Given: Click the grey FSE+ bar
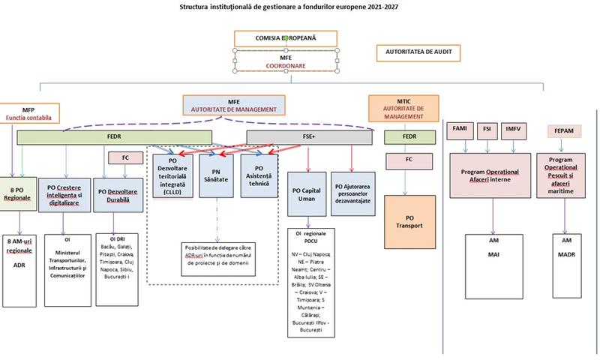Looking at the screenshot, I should (310, 137).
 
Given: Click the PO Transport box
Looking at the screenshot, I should (409, 215).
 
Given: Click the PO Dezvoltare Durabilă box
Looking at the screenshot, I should (116, 187).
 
